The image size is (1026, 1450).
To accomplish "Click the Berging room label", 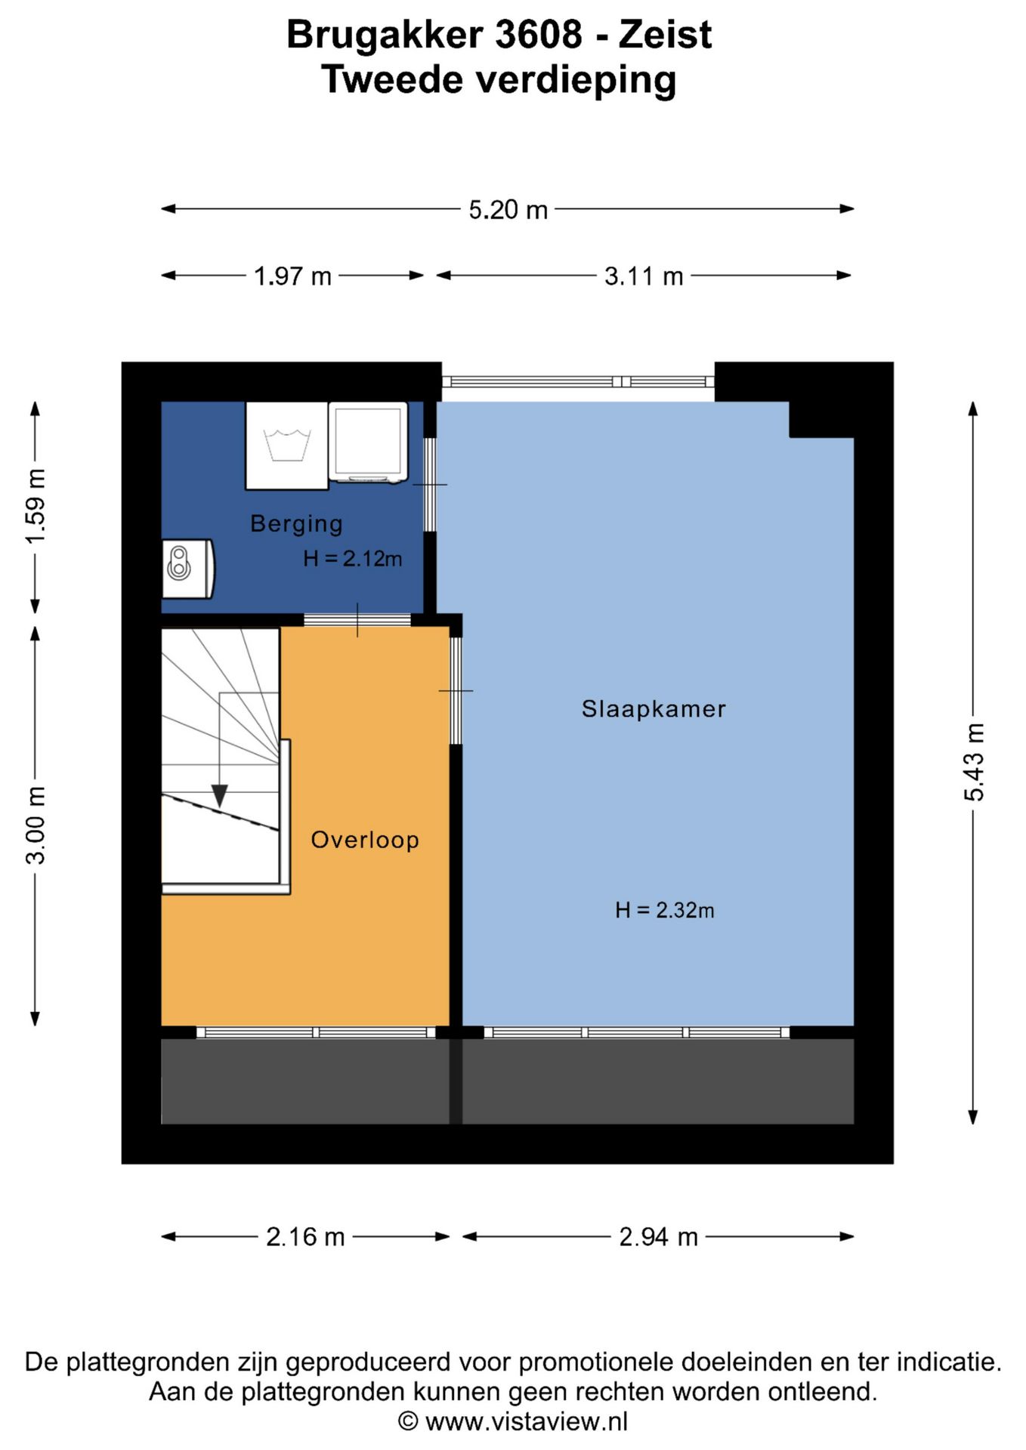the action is pyautogui.click(x=296, y=523).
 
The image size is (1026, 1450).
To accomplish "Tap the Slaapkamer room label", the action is pyautogui.click(x=654, y=708).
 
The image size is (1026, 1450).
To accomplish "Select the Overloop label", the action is pyautogui.click(x=365, y=840).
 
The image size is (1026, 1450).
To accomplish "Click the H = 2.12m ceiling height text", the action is pyautogui.click(x=352, y=558).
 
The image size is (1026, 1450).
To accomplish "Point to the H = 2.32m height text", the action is pyautogui.click(x=664, y=910).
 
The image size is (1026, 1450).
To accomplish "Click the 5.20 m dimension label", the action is pyautogui.click(x=508, y=209).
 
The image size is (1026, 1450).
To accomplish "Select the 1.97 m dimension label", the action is pyautogui.click(x=292, y=276).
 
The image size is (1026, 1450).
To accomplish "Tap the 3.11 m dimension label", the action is pyautogui.click(x=644, y=276).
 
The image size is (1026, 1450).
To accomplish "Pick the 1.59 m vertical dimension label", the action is pyautogui.click(x=36, y=506).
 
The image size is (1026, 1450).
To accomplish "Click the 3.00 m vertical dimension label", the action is pyautogui.click(x=36, y=825).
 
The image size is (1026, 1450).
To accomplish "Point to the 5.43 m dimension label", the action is pyautogui.click(x=974, y=761).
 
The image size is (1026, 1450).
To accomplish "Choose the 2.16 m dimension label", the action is pyautogui.click(x=305, y=1236).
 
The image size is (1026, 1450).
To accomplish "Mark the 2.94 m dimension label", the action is pyautogui.click(x=658, y=1236).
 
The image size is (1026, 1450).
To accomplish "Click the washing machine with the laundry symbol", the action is pyautogui.click(x=287, y=446).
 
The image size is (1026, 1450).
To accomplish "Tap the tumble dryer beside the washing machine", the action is pyautogui.click(x=368, y=443).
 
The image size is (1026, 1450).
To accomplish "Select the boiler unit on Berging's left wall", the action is pyautogui.click(x=188, y=569).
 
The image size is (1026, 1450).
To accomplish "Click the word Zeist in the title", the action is pyautogui.click(x=665, y=35).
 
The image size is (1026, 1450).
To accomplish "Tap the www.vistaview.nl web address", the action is pyautogui.click(x=527, y=1421).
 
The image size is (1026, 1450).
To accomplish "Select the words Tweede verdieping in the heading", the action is pyautogui.click(x=499, y=80).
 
